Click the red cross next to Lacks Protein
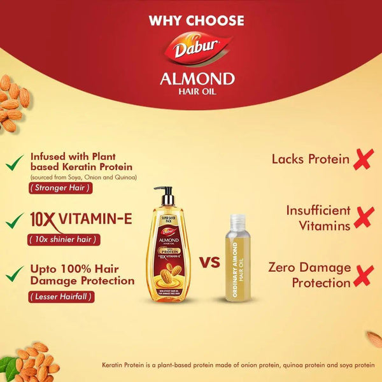click(364, 159)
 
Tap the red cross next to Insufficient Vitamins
click(364, 217)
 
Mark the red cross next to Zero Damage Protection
click(364, 276)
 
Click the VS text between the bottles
click(210, 262)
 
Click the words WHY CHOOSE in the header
click(196, 20)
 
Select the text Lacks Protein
click(311, 159)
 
